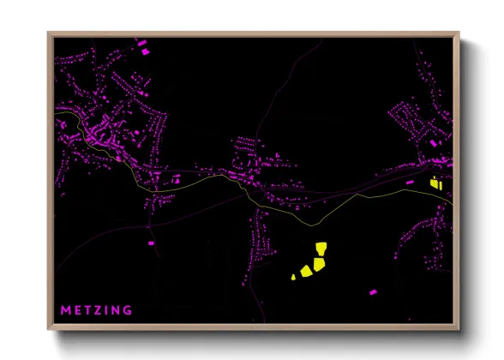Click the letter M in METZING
[x=65, y=309]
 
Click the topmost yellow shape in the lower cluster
[x=321, y=249]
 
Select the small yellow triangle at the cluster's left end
[x=294, y=277]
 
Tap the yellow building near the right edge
[x=434, y=182]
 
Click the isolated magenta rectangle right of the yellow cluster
[x=370, y=292]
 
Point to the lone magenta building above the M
[x=152, y=243]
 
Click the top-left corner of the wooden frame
[x=49, y=33]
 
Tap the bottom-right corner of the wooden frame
[x=459, y=329]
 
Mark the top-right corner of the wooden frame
[x=459, y=33]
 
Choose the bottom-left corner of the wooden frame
[x=49, y=329]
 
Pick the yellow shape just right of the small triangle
[x=305, y=272]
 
